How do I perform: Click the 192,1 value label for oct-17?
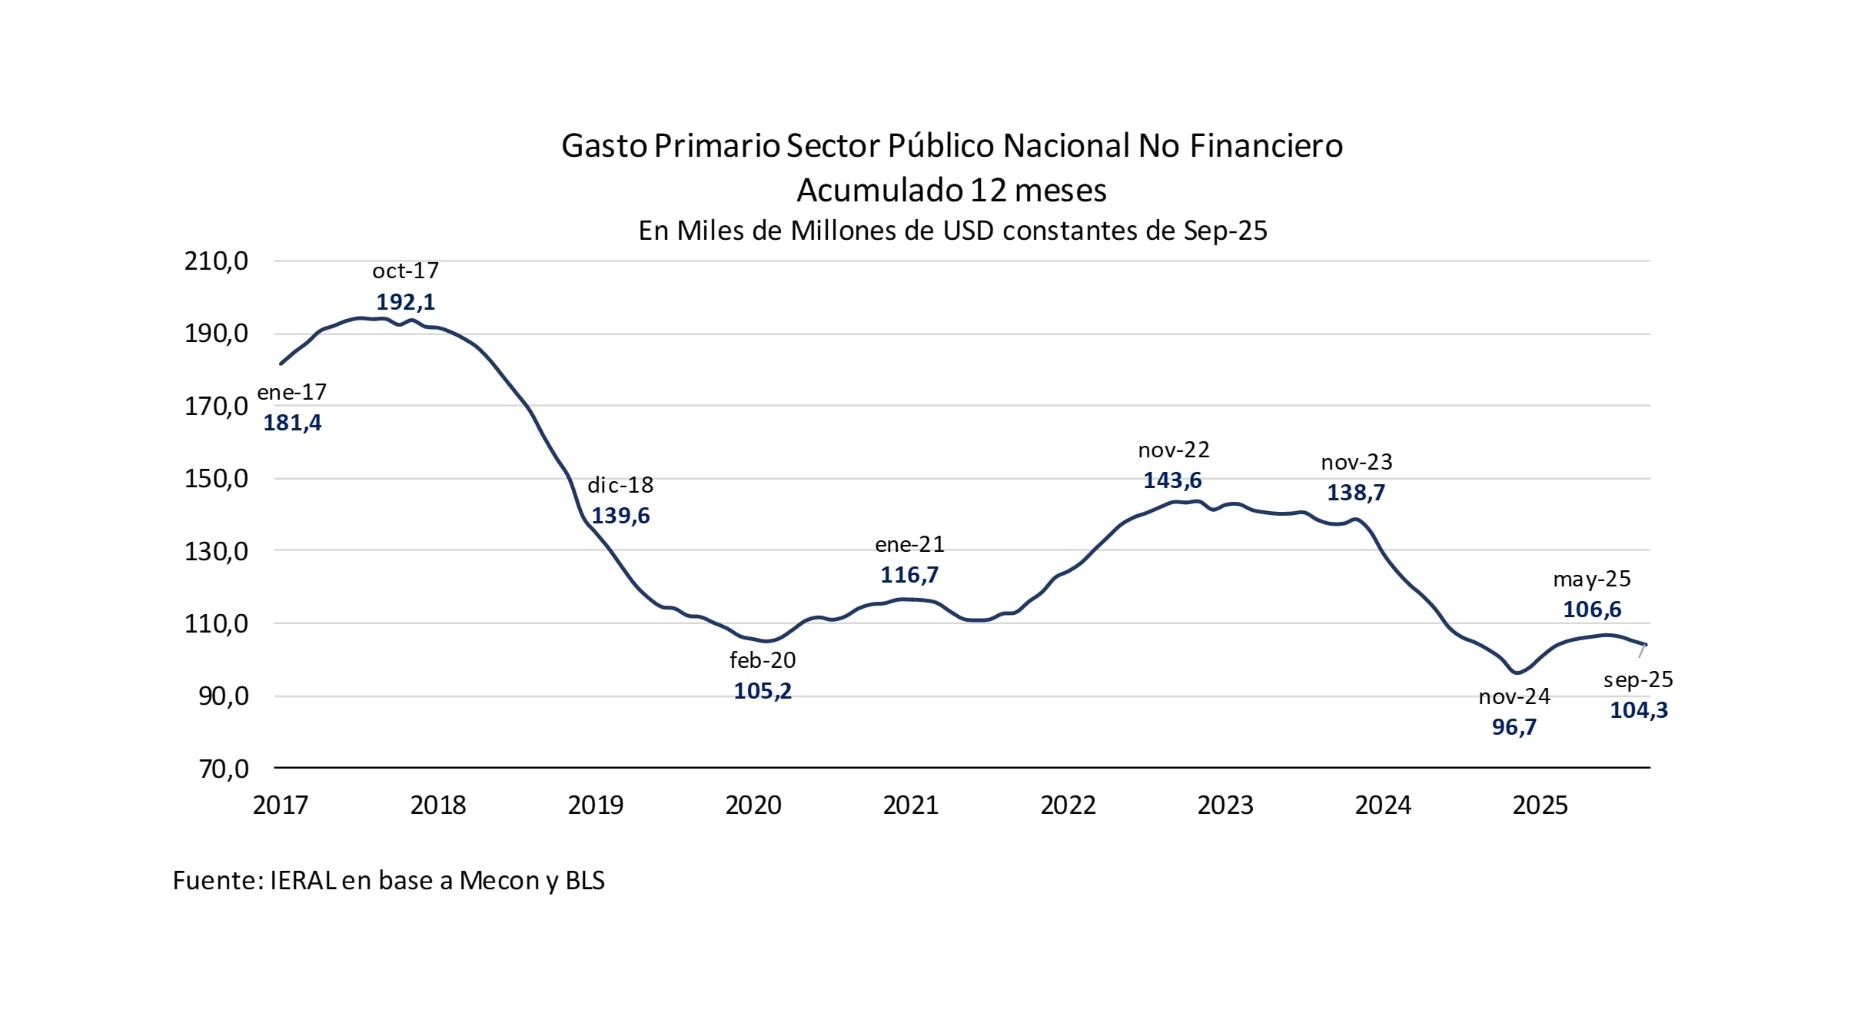coord(405,302)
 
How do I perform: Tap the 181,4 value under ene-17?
coord(292,423)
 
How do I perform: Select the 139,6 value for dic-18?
coord(620,516)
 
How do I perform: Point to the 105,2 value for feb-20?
coord(762,691)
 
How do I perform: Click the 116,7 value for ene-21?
coord(909,575)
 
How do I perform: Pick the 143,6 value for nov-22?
coord(1172,480)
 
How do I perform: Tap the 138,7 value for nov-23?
coord(1356,493)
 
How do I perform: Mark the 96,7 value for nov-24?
coord(1514,727)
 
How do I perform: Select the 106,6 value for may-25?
coord(1592,609)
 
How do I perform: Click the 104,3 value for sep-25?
coord(1639,710)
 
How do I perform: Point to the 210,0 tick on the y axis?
coord(216,261)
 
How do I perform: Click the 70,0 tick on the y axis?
coord(224,769)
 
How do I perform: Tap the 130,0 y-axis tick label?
coord(216,551)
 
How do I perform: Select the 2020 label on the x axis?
coord(753,805)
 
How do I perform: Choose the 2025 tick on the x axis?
coord(1540,805)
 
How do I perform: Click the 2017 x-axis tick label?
coord(281,805)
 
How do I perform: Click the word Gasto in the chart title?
coord(604,146)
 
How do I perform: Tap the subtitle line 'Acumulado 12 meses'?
coord(951,190)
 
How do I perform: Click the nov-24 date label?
coord(1514,697)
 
